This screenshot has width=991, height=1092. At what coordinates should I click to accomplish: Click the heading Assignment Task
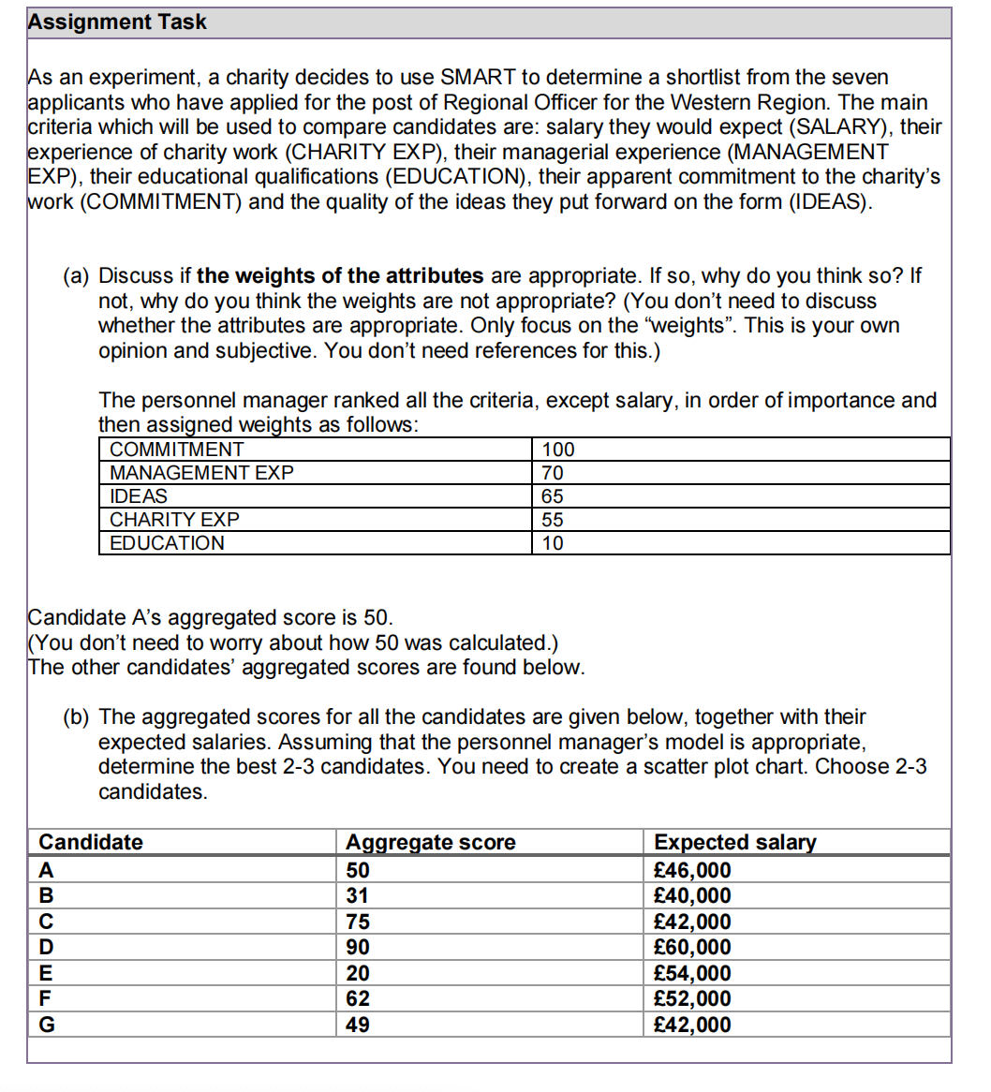pyautogui.click(x=117, y=22)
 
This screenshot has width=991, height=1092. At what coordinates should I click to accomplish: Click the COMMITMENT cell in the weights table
pyautogui.click(x=176, y=450)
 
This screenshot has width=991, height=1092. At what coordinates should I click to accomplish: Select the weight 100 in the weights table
pyautogui.click(x=558, y=450)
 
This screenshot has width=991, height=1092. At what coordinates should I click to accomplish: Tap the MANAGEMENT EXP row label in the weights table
pyautogui.click(x=201, y=473)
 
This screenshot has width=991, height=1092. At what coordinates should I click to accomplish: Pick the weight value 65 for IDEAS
pyautogui.click(x=553, y=496)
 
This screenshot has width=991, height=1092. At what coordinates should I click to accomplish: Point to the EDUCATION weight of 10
pyautogui.click(x=553, y=543)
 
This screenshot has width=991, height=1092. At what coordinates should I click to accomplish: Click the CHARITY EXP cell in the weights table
pyautogui.click(x=174, y=520)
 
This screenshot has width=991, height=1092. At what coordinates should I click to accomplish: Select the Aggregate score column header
pyautogui.click(x=430, y=842)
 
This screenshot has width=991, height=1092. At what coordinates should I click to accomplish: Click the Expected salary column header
pyautogui.click(x=734, y=842)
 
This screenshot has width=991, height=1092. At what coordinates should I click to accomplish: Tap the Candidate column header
pyautogui.click(x=91, y=842)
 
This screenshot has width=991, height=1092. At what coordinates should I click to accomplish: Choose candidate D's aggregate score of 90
pyautogui.click(x=358, y=947)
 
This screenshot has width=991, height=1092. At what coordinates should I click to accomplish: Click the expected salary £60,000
pyautogui.click(x=692, y=947)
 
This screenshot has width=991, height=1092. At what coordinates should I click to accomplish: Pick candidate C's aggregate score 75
pyautogui.click(x=358, y=922)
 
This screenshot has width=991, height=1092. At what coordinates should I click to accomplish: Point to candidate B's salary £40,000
pyautogui.click(x=692, y=895)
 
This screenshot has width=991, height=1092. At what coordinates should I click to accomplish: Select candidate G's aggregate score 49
pyautogui.click(x=358, y=1025)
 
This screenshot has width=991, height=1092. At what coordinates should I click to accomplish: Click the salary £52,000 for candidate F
pyautogui.click(x=692, y=998)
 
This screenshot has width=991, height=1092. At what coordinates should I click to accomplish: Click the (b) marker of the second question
pyautogui.click(x=77, y=717)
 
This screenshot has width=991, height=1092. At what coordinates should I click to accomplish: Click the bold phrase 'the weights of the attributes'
pyautogui.click(x=340, y=276)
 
